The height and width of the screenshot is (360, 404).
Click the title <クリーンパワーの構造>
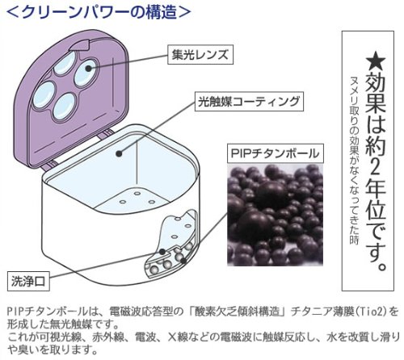point(99,11)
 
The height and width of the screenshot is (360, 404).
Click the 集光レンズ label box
point(200,55)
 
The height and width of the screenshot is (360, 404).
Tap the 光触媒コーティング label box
point(249,102)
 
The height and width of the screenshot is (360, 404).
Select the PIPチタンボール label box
point(275,153)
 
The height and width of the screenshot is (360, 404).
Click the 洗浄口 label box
point(28,282)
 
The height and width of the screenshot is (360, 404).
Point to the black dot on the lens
point(88,68)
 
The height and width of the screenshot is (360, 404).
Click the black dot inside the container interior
point(119,153)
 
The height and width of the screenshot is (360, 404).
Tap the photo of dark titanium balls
point(275,216)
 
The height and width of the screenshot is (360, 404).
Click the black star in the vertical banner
point(376,62)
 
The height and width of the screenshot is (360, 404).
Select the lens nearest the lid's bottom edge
point(65,107)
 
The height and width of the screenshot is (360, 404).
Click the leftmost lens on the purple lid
point(44,94)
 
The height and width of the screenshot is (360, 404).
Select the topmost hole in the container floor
point(137,193)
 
